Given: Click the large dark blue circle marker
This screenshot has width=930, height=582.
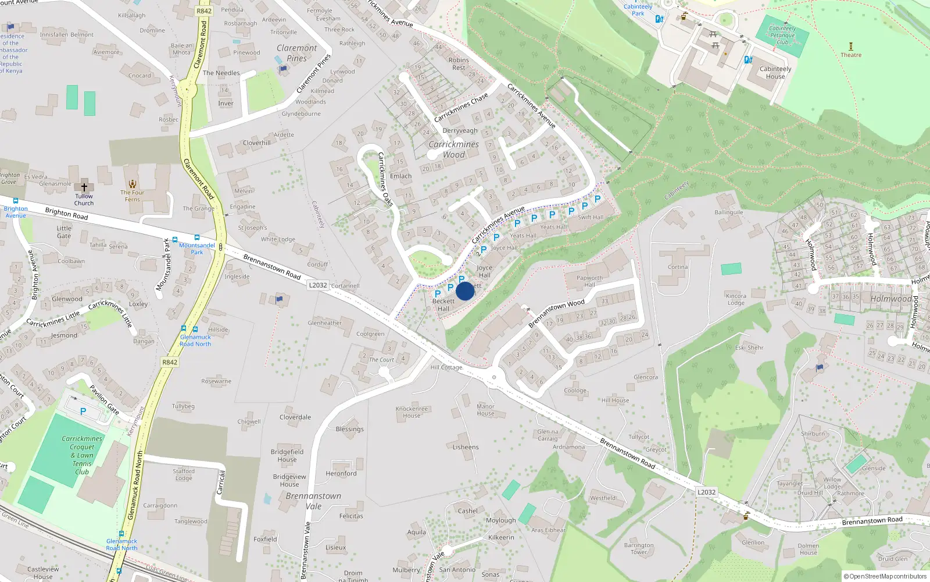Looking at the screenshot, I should coord(465,291).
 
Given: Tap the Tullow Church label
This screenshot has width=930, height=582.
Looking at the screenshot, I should coord(84,200).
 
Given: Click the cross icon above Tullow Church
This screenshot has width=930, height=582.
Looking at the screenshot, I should coord(84,187).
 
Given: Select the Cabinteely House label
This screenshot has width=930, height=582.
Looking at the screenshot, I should coord(775,72).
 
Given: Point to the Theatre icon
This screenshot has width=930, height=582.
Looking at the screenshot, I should coord(851,46).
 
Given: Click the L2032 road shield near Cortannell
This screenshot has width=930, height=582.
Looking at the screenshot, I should coord(318,285).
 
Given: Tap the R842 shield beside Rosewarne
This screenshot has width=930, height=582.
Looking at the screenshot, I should coord(170,362).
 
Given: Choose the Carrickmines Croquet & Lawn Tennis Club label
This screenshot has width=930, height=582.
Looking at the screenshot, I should coord(82,455).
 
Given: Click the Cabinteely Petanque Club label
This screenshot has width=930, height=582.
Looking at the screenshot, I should coord(782,35).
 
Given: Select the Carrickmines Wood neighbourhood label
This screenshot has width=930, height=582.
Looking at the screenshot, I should coord(454,150).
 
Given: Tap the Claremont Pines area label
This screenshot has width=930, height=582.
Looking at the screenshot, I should coord(296,53).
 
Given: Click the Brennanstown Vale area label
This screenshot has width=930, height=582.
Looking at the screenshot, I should coord(313,501).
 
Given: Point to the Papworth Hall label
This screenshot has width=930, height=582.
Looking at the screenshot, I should coord(589,281).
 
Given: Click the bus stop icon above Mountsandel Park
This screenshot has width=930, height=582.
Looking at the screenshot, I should coord(197,237).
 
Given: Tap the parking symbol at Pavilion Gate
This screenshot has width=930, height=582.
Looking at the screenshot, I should coord(83,411).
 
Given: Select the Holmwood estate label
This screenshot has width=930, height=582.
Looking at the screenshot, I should coord(890,299).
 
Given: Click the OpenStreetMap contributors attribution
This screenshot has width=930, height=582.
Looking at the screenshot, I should coord(885,576).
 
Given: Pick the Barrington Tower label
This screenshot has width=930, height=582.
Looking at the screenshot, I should coord(639,549).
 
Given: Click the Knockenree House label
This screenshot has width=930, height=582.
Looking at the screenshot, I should coord(412,412).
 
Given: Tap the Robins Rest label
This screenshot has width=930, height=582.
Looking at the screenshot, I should coord(459,64).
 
